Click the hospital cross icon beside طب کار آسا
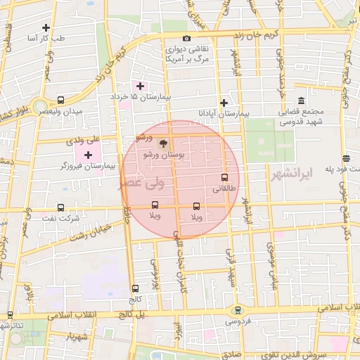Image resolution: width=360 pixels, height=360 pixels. click(x=46, y=28)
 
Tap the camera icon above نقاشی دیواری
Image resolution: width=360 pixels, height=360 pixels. click(x=186, y=38)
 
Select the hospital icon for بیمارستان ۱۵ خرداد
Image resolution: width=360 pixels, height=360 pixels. click(x=141, y=86)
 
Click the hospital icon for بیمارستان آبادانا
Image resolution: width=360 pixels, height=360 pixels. click(x=224, y=103)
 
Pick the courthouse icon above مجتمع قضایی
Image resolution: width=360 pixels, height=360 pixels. click(x=301, y=101)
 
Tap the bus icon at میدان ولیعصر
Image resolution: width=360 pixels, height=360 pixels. click(x=60, y=101)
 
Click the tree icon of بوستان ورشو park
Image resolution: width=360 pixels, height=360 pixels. click(x=164, y=143)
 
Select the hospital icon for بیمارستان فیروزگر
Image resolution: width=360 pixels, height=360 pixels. click(x=88, y=155)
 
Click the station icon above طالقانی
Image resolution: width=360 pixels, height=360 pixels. click(x=225, y=178)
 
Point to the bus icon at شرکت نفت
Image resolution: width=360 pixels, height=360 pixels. click(x=60, y=207)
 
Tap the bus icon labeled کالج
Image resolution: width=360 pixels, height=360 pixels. click(x=135, y=288)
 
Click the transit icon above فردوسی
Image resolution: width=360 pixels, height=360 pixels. click(x=236, y=309)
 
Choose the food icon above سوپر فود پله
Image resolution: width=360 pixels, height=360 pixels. click(x=345, y=158)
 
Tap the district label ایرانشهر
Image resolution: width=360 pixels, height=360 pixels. click(x=290, y=173)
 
